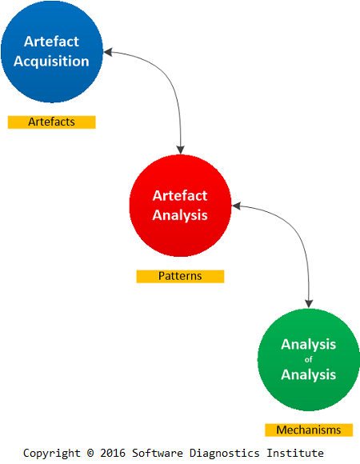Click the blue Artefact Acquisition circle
coord(52,51)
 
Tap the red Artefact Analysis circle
coord(180,206)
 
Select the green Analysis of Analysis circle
coord(309,359)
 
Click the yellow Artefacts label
coord(51,122)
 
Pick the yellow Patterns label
coord(180,276)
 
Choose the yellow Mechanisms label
coord(309,430)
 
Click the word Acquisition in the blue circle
coord(51,62)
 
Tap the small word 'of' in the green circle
coord(309,359)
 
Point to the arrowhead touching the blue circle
coord(108,52)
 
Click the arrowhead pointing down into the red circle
coord(181,150)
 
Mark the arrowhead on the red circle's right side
coord(236,206)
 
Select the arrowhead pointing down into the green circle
coord(309,304)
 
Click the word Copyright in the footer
coord(52,453)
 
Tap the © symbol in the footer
coord(90,453)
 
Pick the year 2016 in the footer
coord(113,453)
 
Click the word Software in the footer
coord(158,453)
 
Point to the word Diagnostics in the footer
coord(225,453)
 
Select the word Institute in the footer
coord(295,453)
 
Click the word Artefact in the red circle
coord(180,196)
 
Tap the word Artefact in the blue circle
coord(51,42)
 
